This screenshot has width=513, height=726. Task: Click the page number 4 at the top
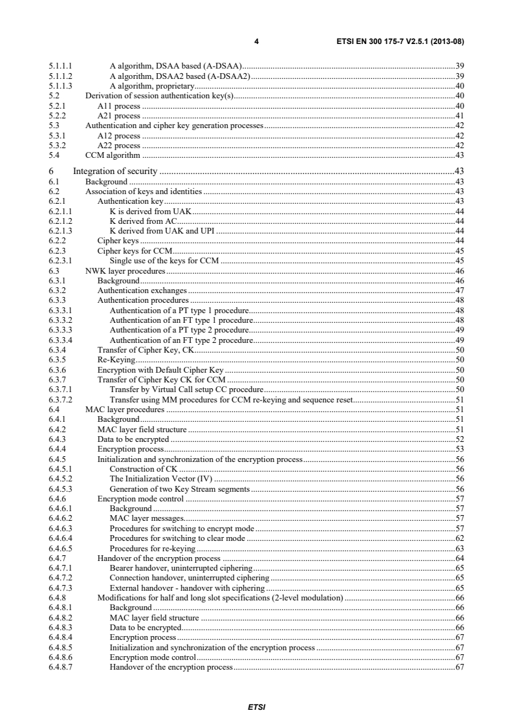257,42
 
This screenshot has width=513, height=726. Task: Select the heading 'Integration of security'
116,171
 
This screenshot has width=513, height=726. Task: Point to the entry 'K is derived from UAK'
151,212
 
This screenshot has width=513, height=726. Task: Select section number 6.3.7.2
61,400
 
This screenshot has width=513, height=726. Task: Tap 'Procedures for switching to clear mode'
179,537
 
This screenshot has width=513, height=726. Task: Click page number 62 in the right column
460,537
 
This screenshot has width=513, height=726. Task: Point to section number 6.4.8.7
61,667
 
